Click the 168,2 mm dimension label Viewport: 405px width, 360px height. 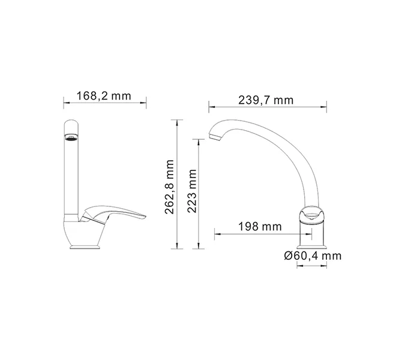104,95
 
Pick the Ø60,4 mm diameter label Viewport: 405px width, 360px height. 313,256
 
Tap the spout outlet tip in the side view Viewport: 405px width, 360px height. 214,140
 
